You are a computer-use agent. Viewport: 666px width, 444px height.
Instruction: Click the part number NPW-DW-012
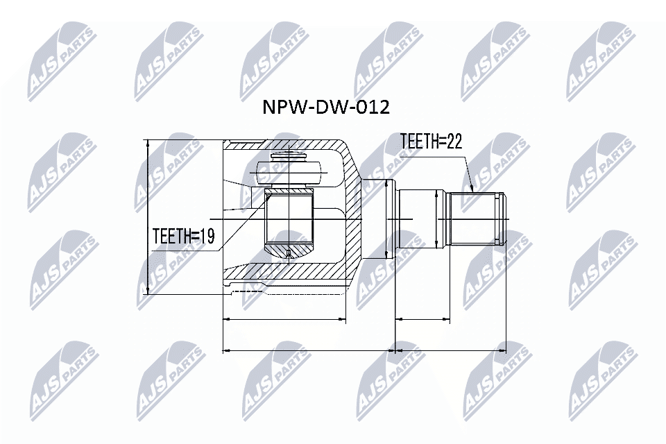coord(325,107)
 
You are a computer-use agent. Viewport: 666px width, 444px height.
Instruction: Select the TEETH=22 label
coord(431,142)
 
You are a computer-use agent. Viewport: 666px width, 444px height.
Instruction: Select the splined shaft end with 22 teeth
coord(478,219)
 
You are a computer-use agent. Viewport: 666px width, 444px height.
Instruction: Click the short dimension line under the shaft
coord(422,321)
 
